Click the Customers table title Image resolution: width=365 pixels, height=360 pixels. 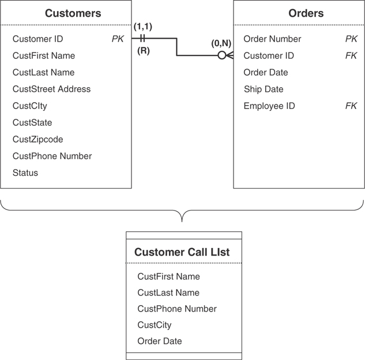click(x=73, y=13)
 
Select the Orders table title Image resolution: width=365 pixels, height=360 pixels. click(x=306, y=13)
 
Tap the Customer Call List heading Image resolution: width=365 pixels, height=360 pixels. click(x=182, y=252)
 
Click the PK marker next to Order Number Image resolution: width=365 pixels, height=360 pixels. click(x=351, y=39)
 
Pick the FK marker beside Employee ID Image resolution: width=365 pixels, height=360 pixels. click(x=351, y=106)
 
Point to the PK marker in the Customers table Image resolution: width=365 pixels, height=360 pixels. click(x=118, y=39)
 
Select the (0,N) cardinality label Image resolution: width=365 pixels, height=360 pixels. click(x=221, y=43)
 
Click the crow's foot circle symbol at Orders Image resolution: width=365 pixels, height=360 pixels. click(x=221, y=56)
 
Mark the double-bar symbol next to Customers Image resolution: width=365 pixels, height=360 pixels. click(x=142, y=39)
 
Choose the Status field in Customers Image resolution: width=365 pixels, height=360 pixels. click(x=25, y=173)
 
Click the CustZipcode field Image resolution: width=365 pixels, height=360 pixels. click(x=38, y=140)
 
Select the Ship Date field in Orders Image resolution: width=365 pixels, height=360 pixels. click(x=264, y=89)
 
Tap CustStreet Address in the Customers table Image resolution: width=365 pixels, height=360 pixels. click(x=52, y=89)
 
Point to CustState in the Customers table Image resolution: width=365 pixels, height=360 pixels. click(x=32, y=123)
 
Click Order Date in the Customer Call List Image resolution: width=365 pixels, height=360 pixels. click(x=160, y=342)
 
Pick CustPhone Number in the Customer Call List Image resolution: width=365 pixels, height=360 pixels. click(x=177, y=309)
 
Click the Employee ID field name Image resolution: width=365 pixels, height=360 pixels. click(x=269, y=106)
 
